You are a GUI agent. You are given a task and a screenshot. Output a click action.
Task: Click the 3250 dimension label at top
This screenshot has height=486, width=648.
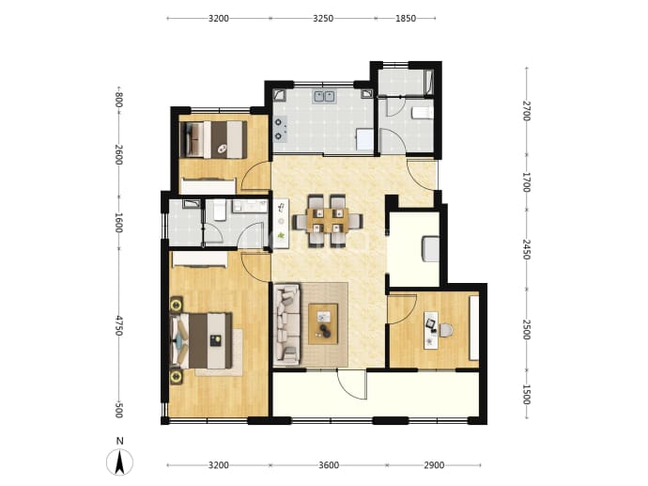(323, 18)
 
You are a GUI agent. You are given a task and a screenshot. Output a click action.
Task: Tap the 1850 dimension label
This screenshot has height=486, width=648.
(406, 18)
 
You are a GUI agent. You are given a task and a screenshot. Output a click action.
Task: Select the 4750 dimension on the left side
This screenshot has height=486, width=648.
(118, 325)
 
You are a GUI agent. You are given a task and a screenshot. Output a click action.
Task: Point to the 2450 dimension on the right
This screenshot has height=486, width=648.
(526, 249)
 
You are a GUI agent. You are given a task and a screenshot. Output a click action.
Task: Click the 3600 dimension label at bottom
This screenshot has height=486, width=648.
(329, 465)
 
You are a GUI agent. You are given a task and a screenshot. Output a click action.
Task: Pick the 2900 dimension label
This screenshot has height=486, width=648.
(434, 465)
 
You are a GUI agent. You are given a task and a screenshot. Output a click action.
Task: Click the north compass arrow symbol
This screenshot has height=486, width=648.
(119, 462)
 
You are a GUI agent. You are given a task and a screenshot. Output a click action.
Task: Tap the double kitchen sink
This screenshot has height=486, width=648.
(324, 97)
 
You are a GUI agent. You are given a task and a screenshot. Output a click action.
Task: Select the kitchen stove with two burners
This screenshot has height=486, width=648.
(280, 129)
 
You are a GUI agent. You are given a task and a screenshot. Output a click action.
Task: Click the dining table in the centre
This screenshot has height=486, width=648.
(328, 221)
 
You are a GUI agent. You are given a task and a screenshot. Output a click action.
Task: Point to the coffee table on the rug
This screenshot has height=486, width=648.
(323, 324)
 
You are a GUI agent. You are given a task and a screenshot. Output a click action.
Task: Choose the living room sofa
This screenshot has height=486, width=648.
(286, 324)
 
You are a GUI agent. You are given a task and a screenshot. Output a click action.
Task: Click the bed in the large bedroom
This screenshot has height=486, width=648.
(201, 340)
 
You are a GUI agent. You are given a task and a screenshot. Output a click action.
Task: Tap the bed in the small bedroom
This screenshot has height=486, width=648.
(214, 139)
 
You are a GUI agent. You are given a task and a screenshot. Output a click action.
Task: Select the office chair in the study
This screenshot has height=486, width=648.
(446, 330)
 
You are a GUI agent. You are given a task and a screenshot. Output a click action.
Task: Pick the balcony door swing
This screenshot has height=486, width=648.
(351, 384)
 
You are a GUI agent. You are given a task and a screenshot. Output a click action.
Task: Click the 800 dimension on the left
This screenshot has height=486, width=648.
(118, 100)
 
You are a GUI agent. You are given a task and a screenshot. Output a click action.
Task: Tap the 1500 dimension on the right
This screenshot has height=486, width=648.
(526, 394)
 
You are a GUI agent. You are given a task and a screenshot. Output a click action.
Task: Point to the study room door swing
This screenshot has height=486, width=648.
(403, 308)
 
